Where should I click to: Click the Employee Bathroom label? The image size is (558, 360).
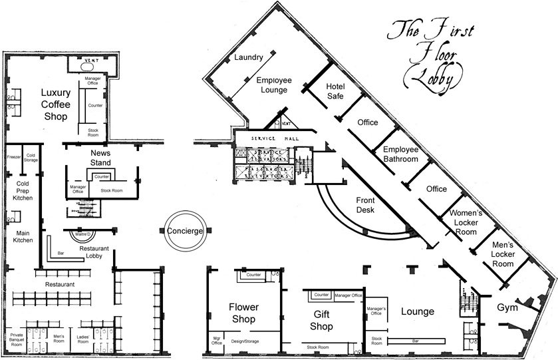click(x=400, y=154)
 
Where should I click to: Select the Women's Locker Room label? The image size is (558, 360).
click(x=471, y=222)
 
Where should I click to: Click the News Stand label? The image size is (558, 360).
click(x=104, y=158)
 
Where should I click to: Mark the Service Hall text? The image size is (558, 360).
click(x=271, y=138)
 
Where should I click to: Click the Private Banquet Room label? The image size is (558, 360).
click(x=17, y=340)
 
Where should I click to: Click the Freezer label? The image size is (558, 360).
click(x=13, y=157)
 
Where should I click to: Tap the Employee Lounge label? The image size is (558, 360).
click(x=272, y=85)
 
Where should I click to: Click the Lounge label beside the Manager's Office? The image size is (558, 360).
click(x=417, y=311)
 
